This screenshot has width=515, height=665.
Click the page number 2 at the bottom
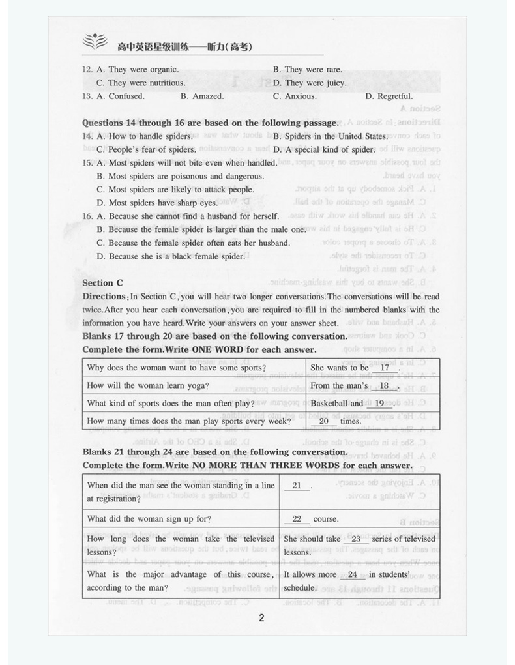(261, 618)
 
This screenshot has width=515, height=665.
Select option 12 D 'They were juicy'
(310, 83)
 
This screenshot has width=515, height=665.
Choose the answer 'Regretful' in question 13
(389, 96)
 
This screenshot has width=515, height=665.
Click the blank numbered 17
(385, 368)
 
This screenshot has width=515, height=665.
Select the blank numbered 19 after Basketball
(379, 404)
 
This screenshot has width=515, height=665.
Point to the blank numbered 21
(297, 486)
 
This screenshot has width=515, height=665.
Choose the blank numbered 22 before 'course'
(297, 520)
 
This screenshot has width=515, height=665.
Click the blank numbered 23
(356, 539)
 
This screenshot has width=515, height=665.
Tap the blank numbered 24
(353, 575)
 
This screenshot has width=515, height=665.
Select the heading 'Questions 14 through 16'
(211, 123)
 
